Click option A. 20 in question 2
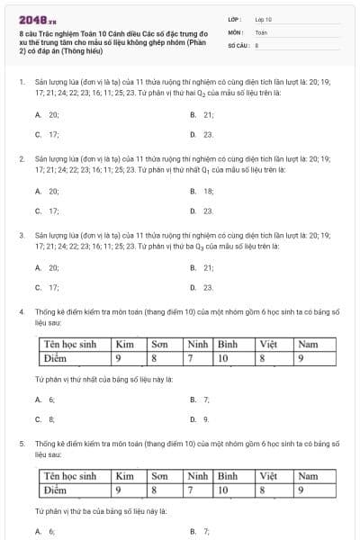point(48,192)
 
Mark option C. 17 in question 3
point(48,288)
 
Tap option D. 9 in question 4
point(200,419)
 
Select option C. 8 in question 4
point(45,419)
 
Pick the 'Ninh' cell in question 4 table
point(197,345)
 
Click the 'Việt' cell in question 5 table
point(268,476)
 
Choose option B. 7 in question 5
point(200,532)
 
